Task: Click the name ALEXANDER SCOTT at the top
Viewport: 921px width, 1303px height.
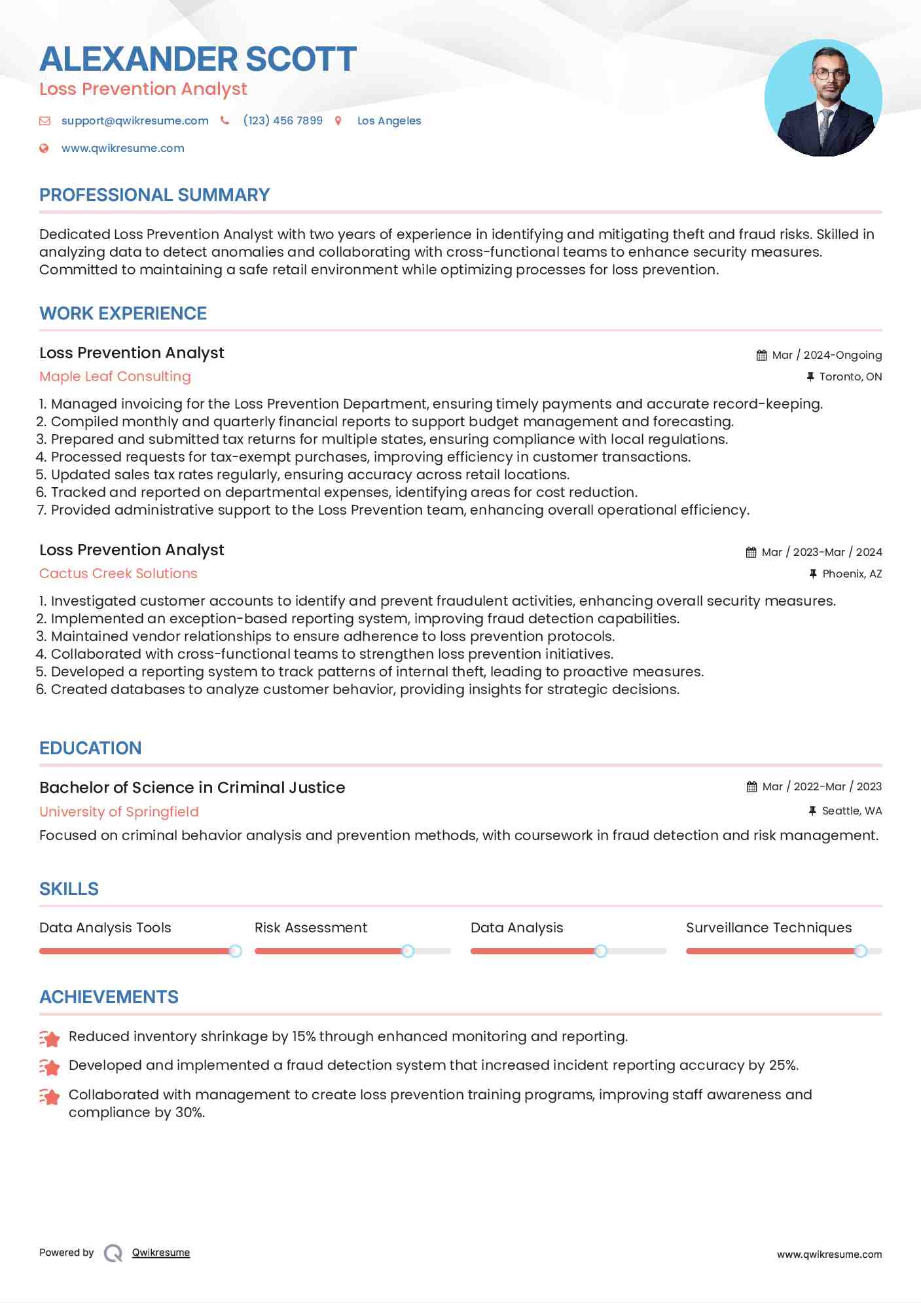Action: pyautogui.click(x=198, y=59)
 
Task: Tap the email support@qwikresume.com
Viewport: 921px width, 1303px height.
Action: pyautogui.click(x=135, y=120)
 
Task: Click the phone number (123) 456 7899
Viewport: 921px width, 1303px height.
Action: pyautogui.click(x=283, y=120)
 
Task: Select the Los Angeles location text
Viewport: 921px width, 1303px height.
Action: pyautogui.click(x=389, y=120)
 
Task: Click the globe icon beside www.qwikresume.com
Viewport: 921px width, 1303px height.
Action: pyautogui.click(x=44, y=148)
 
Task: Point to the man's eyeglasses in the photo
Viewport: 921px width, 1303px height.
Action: pyautogui.click(x=829, y=75)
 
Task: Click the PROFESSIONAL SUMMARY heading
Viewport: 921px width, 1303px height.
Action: pyautogui.click(x=154, y=195)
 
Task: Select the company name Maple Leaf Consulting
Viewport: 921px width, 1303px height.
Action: pyautogui.click(x=115, y=376)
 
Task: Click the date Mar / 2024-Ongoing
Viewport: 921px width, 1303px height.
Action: pyautogui.click(x=827, y=355)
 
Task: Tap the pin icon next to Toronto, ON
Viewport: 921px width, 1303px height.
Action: pyautogui.click(x=810, y=376)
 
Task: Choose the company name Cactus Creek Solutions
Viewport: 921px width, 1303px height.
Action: pyautogui.click(x=118, y=574)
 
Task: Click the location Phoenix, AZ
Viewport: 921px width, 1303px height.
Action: pyautogui.click(x=852, y=574)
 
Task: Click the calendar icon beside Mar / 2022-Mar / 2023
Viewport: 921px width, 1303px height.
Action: pyautogui.click(x=751, y=786)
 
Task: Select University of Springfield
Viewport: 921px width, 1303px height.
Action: pyautogui.click(x=119, y=811)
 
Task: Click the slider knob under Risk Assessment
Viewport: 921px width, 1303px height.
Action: pyautogui.click(x=408, y=951)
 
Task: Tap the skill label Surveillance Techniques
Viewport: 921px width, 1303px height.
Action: pyautogui.click(x=768, y=928)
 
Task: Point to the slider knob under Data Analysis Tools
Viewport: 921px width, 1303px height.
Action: pyautogui.click(x=235, y=951)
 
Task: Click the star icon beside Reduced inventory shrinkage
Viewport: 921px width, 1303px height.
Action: pyautogui.click(x=50, y=1038)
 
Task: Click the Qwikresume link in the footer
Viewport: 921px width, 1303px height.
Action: pyautogui.click(x=161, y=1253)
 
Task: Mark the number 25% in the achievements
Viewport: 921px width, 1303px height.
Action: pyautogui.click(x=783, y=1065)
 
